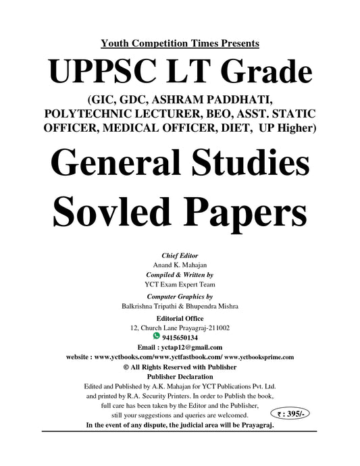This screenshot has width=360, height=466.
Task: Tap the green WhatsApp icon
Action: (x=157, y=334)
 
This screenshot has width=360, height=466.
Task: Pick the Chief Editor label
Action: (x=180, y=257)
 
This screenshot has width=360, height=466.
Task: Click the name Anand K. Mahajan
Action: (x=180, y=265)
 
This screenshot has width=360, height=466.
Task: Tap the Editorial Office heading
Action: (x=180, y=317)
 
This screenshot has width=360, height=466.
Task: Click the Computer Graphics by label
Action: (x=180, y=296)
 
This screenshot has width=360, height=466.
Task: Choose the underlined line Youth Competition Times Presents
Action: (x=180, y=44)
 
